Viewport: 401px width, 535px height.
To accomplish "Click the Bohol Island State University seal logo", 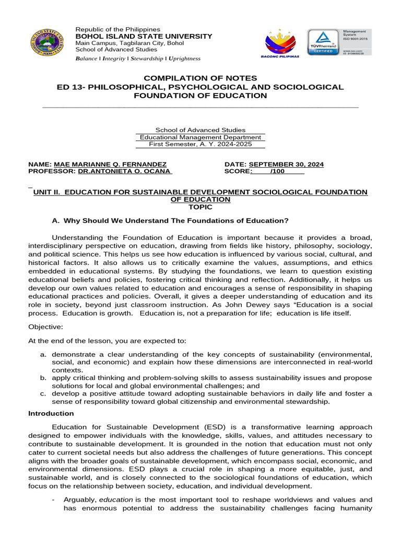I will pyautogui.click(x=49, y=42).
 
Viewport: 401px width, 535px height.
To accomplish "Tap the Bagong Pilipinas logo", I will pyautogui.click(x=279, y=42).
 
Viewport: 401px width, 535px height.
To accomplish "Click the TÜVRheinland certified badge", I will pyautogui.click(x=323, y=42).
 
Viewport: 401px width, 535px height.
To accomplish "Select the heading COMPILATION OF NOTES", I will pyautogui.click(x=200, y=78).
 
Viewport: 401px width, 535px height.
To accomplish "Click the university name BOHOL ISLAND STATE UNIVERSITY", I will pyautogui.click(x=144, y=36).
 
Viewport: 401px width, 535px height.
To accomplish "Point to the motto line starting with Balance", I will pyautogui.click(x=138, y=59).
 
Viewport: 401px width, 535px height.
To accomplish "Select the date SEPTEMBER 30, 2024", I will pyautogui.click(x=286, y=164).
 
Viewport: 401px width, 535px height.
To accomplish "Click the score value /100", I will pyautogui.click(x=277, y=171).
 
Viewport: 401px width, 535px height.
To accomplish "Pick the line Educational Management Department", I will pyautogui.click(x=200, y=137).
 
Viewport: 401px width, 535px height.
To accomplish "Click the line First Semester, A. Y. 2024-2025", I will pyautogui.click(x=200, y=144).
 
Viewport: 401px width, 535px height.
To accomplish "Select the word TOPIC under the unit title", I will pyautogui.click(x=200, y=207).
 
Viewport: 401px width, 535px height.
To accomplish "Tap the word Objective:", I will pyautogui.click(x=45, y=327).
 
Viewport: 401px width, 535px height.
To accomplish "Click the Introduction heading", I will pyautogui.click(x=51, y=413).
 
